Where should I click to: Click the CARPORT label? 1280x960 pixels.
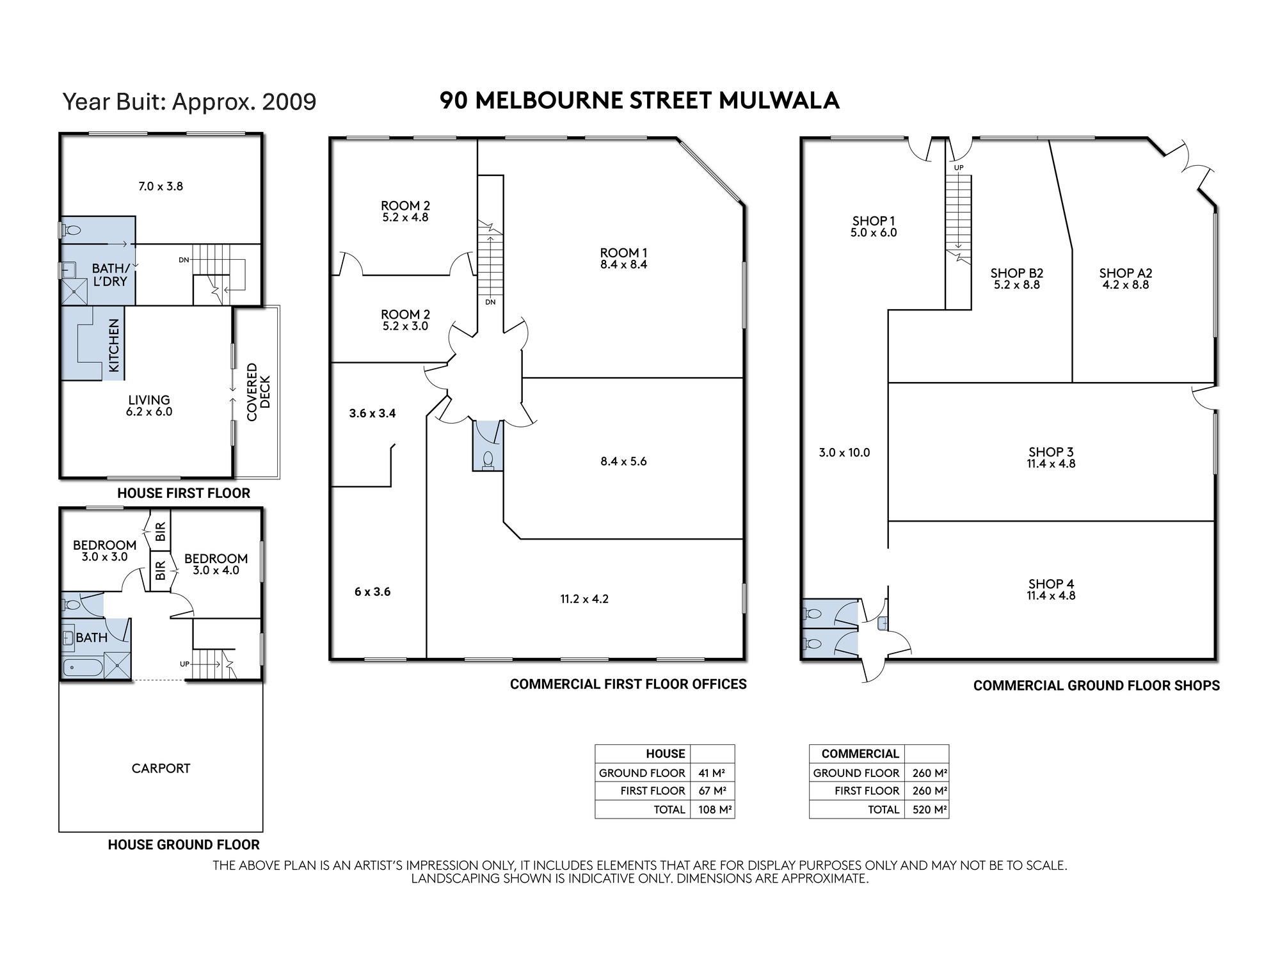[161, 768]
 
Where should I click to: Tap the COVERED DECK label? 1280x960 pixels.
[259, 392]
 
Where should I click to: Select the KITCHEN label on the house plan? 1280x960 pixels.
[114, 346]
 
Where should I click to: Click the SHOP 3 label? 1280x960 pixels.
[1051, 452]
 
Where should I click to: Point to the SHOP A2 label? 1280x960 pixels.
[1126, 273]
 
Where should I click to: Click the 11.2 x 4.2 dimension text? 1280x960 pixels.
[584, 599]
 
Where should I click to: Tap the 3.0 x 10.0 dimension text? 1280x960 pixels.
[844, 452]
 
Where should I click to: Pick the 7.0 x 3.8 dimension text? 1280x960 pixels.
[161, 186]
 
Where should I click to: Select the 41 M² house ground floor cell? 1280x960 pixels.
[712, 772]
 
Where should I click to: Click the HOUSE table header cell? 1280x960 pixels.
[665, 754]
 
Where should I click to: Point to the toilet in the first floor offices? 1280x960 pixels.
[488, 460]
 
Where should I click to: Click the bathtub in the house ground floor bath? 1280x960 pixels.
[83, 668]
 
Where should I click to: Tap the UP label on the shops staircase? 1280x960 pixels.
[959, 168]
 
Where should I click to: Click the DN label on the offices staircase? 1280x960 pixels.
[490, 302]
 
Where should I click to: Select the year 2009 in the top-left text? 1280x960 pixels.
[289, 102]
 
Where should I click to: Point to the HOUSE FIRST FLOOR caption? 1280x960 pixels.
[184, 493]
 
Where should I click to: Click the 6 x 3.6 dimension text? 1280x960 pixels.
[372, 592]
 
